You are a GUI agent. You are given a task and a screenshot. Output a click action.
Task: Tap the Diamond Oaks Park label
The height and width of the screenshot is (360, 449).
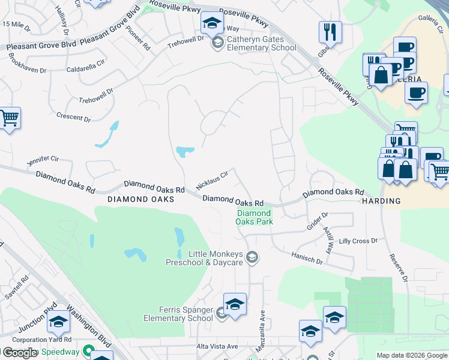click(x=255, y=217)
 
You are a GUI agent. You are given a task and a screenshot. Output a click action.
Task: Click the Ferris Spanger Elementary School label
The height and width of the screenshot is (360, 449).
click(x=178, y=314)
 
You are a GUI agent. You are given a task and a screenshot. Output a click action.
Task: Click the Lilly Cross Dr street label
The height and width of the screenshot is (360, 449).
click(x=358, y=241)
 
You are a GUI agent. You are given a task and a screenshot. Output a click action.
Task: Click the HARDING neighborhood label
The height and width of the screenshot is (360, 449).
click(x=381, y=202)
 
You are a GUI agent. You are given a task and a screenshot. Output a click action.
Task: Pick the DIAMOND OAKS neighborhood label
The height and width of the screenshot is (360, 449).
click(x=141, y=199)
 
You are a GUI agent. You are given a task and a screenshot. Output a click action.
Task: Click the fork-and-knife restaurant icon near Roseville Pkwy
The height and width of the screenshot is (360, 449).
click(x=330, y=32)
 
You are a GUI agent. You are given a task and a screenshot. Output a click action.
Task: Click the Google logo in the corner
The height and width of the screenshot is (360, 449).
click(x=19, y=353)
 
